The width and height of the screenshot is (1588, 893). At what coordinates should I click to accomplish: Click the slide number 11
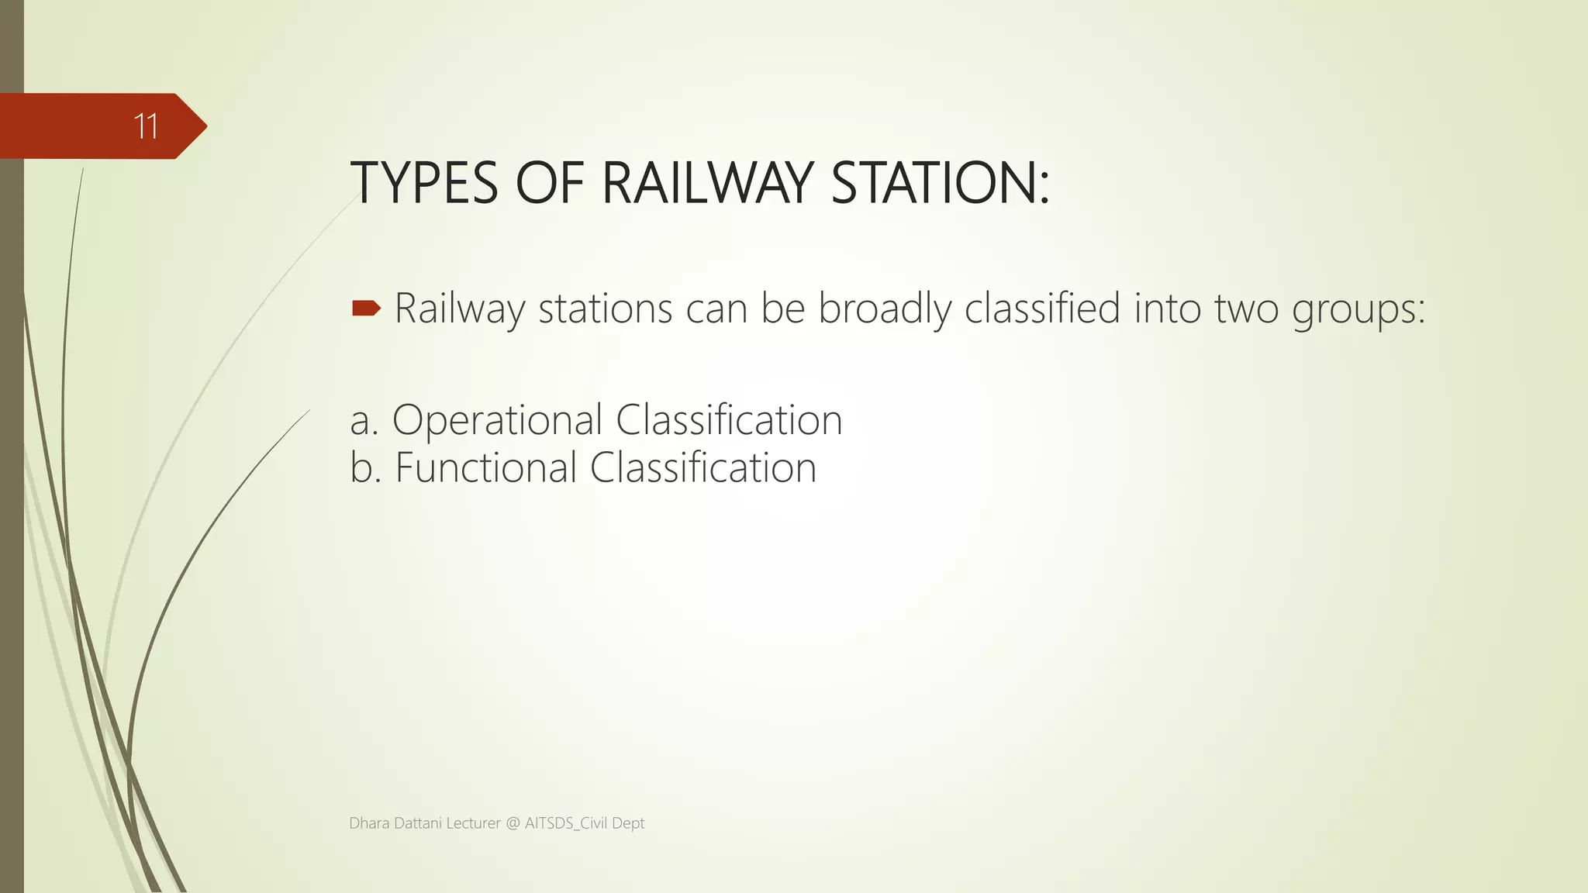coord(146,126)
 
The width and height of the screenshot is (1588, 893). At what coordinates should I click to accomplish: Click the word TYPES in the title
coord(424,184)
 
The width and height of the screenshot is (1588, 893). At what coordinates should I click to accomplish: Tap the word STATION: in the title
coord(940,184)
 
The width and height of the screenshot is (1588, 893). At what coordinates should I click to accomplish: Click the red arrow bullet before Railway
coord(366,309)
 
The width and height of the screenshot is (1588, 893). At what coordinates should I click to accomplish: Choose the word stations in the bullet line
coord(605,309)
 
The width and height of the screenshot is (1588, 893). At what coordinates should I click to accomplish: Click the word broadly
coord(884,309)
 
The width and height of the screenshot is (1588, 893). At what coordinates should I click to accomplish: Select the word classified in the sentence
coord(1042,308)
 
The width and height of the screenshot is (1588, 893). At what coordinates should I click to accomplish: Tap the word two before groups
coord(1246,309)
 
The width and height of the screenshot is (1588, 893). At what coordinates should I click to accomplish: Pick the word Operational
coord(497,421)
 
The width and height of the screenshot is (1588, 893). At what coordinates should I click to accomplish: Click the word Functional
coord(486,468)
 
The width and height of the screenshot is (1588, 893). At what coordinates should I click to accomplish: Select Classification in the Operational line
coord(729,420)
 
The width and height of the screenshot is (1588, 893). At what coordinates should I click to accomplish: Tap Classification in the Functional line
coord(703,468)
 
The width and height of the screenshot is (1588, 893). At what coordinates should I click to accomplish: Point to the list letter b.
coord(363,468)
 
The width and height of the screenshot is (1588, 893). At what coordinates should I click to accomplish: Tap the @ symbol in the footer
coord(513,823)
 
